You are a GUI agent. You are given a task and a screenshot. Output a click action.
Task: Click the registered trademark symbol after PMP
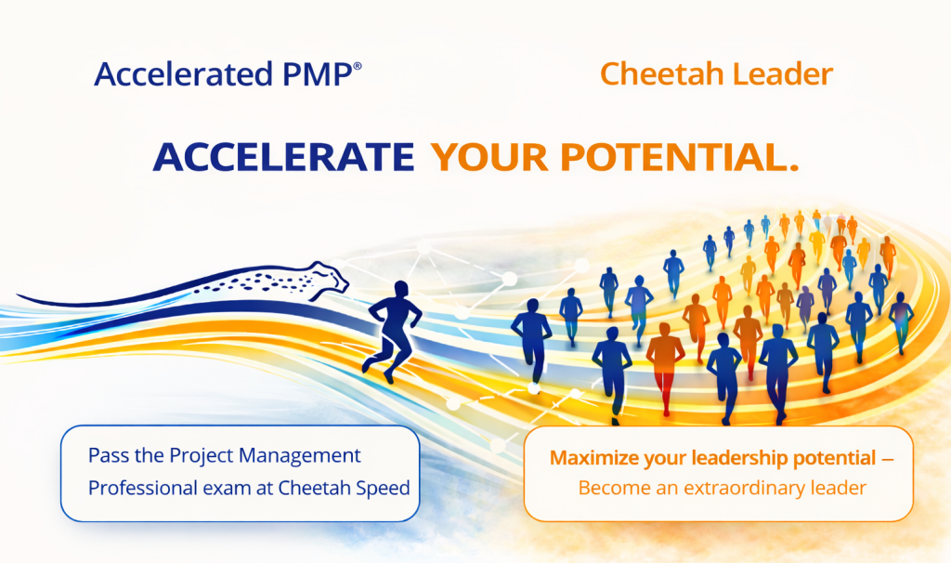click(x=357, y=66)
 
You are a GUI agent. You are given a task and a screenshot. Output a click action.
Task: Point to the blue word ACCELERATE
click(x=283, y=157)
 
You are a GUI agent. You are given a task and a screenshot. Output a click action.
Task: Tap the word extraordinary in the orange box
click(x=752, y=488)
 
